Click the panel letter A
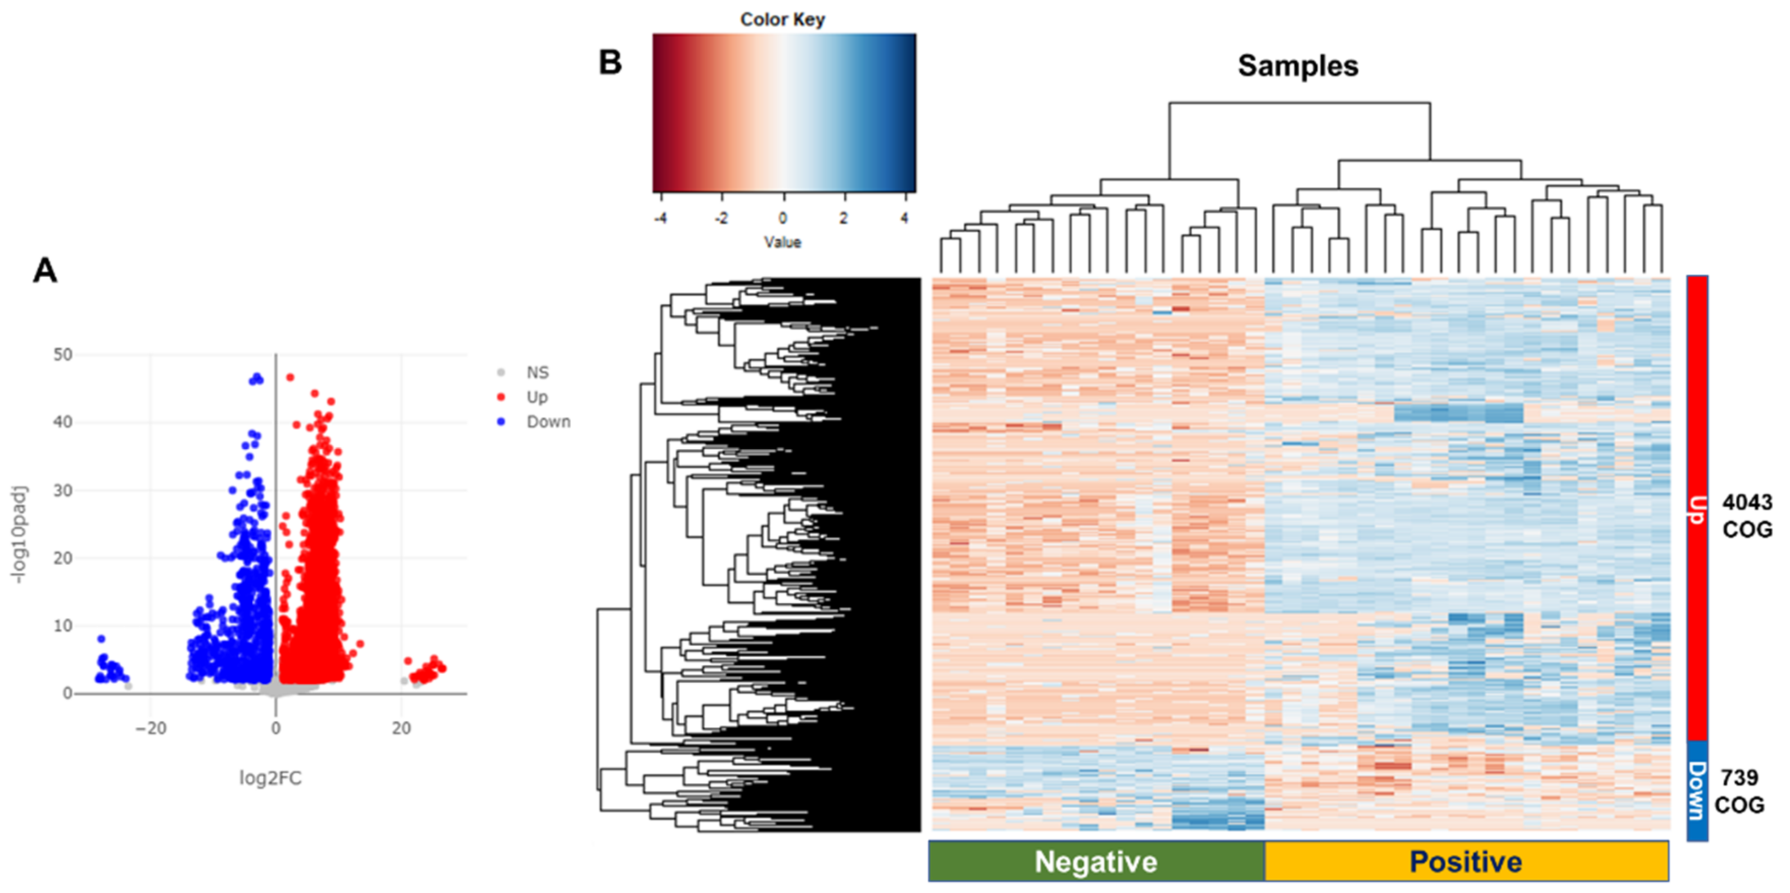coord(45,271)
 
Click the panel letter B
coord(610,63)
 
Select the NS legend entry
coord(537,373)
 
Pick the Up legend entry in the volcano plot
coord(537,397)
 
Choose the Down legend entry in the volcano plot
coord(547,422)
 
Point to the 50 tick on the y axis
coord(63,354)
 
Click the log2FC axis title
coord(270,778)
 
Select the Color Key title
coord(782,19)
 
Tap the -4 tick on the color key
coord(660,218)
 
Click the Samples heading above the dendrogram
coord(1297,66)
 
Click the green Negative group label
coord(1096,862)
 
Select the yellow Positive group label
coord(1465,862)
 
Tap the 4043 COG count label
coord(1747,516)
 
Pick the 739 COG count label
coord(1739,791)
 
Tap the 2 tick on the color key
coord(844,218)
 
